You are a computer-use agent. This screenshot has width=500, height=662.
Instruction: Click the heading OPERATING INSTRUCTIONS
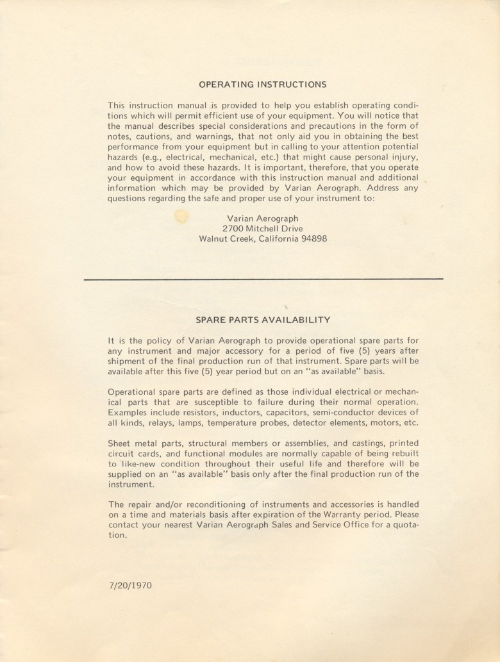[262, 84]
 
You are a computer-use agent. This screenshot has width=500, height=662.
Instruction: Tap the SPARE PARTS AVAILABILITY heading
[263, 319]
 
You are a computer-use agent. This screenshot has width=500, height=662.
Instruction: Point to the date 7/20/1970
[131, 585]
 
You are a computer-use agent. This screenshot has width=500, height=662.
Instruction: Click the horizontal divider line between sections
[263, 279]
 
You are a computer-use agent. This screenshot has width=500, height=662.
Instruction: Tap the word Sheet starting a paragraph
[119, 443]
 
